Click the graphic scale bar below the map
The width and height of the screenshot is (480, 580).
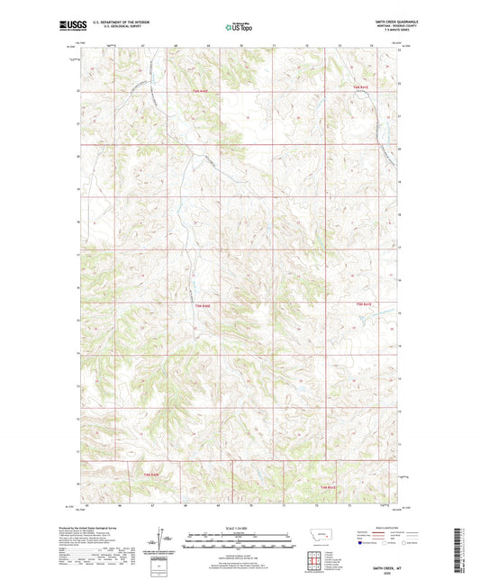click(239, 540)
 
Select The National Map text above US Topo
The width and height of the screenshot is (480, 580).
click(239, 22)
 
